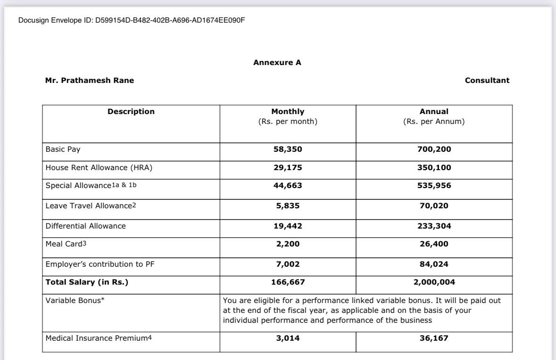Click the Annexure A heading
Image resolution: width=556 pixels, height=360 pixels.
(x=277, y=63)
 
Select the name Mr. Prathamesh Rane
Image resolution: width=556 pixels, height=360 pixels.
(x=90, y=80)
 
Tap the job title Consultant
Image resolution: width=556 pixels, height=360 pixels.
(x=487, y=80)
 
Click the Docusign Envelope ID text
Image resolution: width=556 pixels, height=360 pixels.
(x=132, y=21)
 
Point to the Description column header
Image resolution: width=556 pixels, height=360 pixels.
(x=131, y=112)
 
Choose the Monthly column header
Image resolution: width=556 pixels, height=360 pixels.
(x=288, y=112)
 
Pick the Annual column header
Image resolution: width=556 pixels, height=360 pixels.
(x=434, y=112)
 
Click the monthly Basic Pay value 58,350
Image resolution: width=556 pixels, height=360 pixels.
(x=288, y=149)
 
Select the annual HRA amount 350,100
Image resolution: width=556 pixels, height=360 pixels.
(x=434, y=167)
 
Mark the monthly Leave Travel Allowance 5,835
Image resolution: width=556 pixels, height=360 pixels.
(x=288, y=205)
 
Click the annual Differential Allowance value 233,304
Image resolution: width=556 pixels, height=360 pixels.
(x=434, y=226)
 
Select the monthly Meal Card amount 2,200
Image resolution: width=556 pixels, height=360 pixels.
(x=288, y=244)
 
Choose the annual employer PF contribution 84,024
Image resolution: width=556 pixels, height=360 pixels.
(x=434, y=264)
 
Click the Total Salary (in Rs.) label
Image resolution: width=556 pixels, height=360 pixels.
(x=87, y=282)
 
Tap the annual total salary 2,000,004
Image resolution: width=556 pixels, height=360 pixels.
(x=434, y=282)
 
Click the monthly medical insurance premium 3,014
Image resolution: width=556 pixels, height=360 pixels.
(x=288, y=338)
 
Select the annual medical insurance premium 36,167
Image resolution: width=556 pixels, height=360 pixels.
(x=434, y=338)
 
